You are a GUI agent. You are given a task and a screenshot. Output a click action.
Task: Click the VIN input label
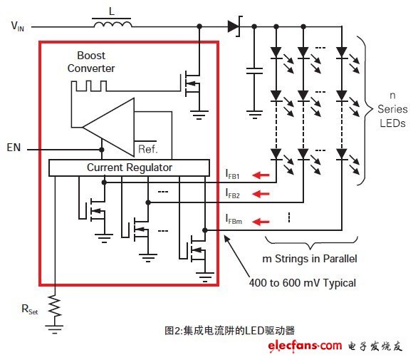[x=18, y=26]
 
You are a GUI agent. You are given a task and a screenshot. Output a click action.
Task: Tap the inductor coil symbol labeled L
[x=113, y=24]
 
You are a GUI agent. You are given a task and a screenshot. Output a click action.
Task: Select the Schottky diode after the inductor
[x=234, y=26]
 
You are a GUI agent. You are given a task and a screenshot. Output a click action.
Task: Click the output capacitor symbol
[x=254, y=71]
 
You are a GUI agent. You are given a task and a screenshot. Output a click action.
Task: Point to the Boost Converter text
[x=91, y=62]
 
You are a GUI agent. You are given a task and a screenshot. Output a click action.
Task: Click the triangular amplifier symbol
[x=108, y=128]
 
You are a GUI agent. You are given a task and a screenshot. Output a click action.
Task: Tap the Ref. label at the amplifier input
[x=148, y=149]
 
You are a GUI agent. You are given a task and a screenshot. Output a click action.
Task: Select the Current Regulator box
[x=130, y=168]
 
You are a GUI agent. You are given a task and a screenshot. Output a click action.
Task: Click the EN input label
[x=14, y=148]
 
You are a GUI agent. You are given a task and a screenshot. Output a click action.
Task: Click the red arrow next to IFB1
[x=261, y=175]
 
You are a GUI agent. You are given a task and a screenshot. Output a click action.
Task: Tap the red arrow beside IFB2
[x=261, y=194]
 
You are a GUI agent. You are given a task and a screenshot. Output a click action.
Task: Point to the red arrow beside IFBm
[x=261, y=222]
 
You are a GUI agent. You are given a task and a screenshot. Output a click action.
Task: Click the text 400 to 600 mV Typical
[x=303, y=283]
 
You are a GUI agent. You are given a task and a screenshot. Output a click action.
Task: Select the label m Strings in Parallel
[x=310, y=259]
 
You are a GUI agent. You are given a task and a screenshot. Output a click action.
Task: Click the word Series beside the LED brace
[x=392, y=109]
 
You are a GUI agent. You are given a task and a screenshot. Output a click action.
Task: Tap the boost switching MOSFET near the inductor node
[x=192, y=83]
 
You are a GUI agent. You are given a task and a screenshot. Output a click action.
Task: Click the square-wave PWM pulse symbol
[x=89, y=86]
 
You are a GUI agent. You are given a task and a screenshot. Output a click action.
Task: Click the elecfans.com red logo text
[x=305, y=346]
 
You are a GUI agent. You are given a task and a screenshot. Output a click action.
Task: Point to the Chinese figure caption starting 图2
[x=229, y=331]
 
